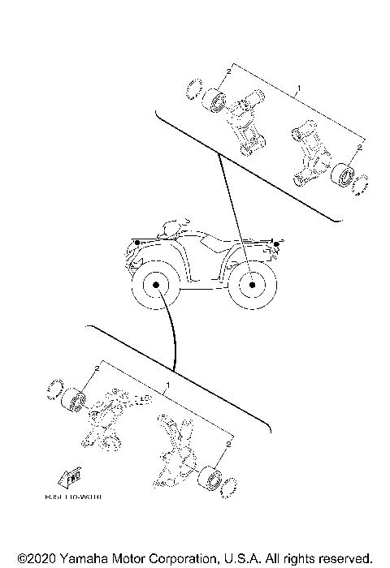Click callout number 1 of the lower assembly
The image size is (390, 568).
click(x=167, y=384)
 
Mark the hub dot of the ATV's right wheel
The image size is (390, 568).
click(x=251, y=286)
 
